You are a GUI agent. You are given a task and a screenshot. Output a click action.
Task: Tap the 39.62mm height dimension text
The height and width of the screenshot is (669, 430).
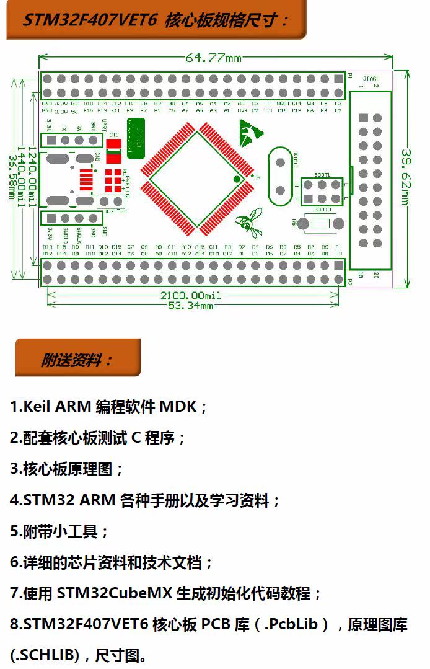406,176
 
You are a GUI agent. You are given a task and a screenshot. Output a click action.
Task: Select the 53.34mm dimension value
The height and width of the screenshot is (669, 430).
191,306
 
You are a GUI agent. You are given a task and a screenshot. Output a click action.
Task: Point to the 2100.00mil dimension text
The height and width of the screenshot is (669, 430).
191,296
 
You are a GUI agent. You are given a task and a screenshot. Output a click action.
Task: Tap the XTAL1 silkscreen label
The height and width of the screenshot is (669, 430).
296,159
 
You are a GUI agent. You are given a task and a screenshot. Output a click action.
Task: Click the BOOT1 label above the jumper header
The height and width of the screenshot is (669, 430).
322,175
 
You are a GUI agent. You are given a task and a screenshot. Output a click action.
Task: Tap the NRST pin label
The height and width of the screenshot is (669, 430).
283,104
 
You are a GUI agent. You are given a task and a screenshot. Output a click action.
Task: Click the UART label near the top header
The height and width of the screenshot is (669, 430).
103,125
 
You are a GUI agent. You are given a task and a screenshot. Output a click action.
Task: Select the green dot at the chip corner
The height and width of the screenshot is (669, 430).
236,179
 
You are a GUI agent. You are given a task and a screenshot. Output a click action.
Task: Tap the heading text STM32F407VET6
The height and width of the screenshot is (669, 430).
90,20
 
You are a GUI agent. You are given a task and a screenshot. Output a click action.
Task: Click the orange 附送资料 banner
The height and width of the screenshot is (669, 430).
77,360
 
